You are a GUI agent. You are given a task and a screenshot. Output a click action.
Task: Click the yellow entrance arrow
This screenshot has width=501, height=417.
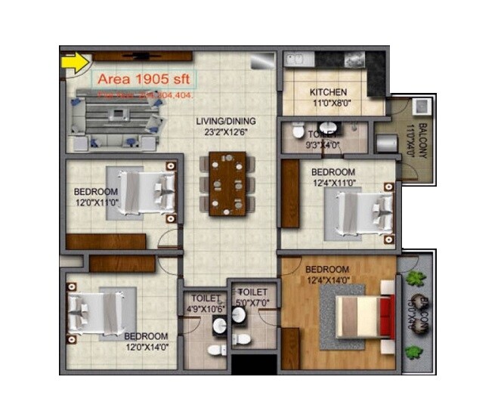click(75, 62)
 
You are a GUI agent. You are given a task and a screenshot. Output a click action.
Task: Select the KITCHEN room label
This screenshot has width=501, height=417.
click(329, 93)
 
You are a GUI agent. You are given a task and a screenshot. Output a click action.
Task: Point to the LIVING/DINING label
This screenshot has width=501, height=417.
click(226, 121)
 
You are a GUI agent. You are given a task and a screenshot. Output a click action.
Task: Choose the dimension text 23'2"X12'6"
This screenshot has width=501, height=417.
click(226, 132)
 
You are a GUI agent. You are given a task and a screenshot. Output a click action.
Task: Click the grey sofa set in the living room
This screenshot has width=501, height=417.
click(121, 119)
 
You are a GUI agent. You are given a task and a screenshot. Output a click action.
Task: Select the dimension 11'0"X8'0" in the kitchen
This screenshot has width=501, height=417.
click(329, 105)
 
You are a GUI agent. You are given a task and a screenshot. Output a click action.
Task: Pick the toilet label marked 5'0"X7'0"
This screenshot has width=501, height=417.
click(252, 297)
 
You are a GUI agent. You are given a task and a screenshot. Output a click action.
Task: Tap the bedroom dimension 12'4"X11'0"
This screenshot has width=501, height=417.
click(333, 182)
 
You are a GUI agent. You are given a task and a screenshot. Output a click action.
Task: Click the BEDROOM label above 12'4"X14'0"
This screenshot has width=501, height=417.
click(327, 270)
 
